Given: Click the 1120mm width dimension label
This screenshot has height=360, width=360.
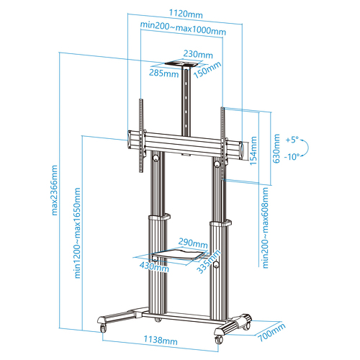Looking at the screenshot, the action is pyautogui.click(x=186, y=14).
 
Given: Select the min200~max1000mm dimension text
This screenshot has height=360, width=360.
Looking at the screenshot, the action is pyautogui.click(x=183, y=28).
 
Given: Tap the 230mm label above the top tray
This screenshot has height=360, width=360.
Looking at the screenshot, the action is pyautogui.click(x=198, y=54).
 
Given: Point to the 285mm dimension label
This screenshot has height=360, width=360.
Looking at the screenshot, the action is pyautogui.click(x=164, y=73).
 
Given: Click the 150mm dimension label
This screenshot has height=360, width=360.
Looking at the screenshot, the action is pyautogui.click(x=207, y=70).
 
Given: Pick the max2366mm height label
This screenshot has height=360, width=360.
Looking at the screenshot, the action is pyautogui.click(x=55, y=190).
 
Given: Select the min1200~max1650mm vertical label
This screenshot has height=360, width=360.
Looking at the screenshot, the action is pyautogui.click(x=77, y=233).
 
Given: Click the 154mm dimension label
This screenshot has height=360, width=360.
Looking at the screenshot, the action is pyautogui.click(x=253, y=150).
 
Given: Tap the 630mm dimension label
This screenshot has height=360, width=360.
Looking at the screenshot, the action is pyautogui.click(x=276, y=148).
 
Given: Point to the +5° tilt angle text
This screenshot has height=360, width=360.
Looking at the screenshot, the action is pyautogui.click(x=292, y=140).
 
